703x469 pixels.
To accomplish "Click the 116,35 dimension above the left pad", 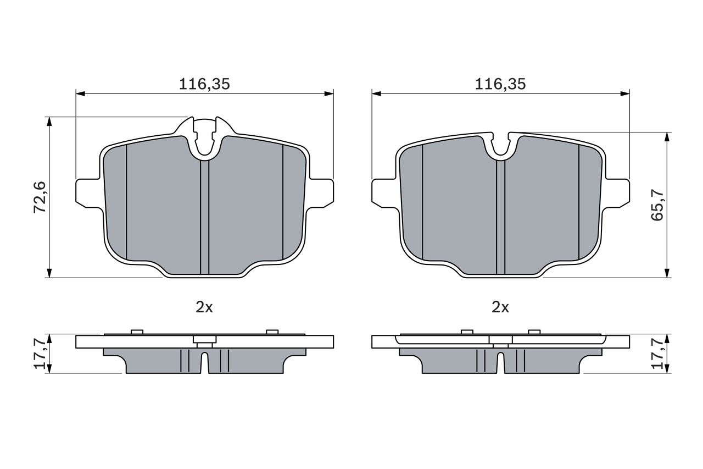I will click(204, 84).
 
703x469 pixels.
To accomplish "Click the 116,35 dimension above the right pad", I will click(500, 84).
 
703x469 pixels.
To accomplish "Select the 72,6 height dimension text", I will click(41, 197).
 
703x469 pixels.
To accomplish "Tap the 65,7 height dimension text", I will click(657, 205).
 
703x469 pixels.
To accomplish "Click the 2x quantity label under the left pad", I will click(204, 307).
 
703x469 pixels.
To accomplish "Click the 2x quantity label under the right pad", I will click(500, 307).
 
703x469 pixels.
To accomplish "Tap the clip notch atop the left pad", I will click(204, 137).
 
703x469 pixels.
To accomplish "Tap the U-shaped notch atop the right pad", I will click(500, 146).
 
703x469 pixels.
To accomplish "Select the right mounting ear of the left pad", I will click(321, 193).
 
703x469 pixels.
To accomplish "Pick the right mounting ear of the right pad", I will click(617, 193).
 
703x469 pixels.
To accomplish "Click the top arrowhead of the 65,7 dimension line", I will click(667, 136).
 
